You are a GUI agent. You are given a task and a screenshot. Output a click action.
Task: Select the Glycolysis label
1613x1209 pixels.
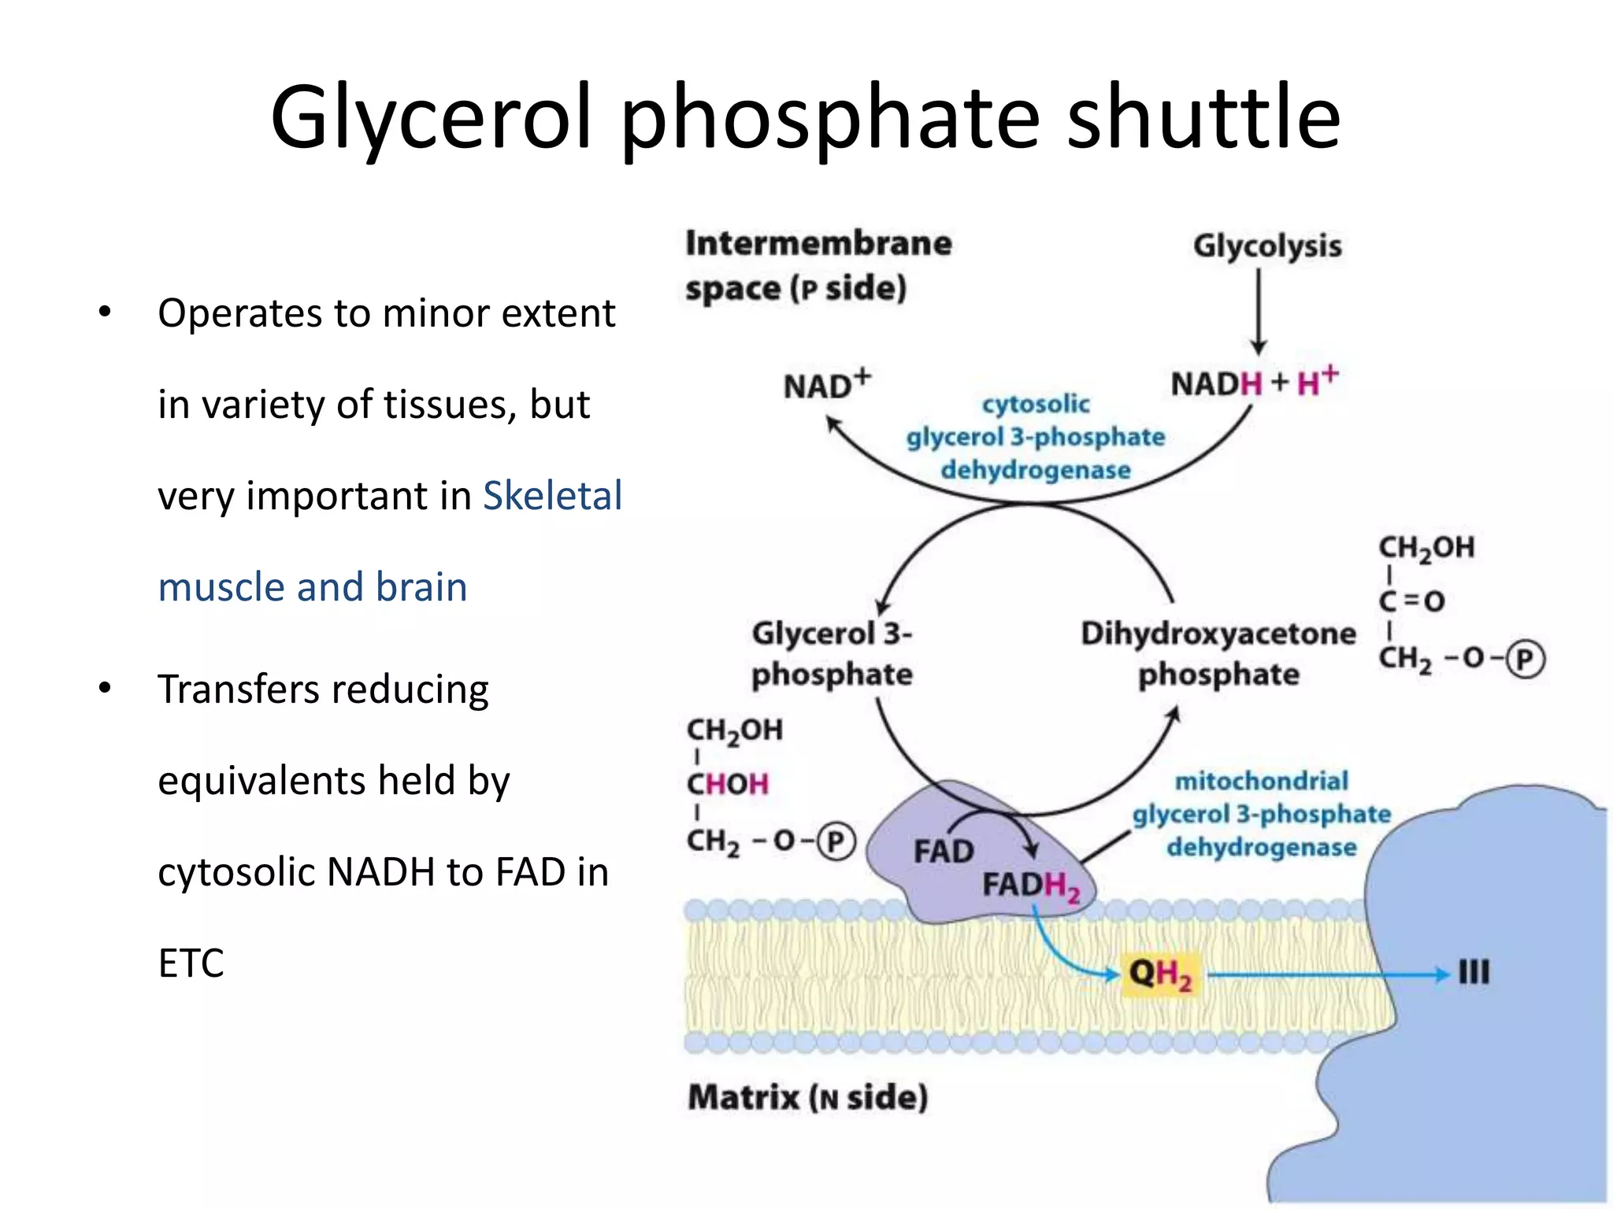1266,246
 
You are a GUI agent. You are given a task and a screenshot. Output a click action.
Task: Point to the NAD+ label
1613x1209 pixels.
826,385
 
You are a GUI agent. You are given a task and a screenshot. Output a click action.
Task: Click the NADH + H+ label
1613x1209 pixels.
1254,383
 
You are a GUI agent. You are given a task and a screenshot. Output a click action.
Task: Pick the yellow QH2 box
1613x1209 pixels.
1160,974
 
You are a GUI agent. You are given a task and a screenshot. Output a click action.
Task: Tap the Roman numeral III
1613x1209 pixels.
1473,973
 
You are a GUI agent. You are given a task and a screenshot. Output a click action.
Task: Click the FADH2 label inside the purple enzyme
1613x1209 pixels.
1030,886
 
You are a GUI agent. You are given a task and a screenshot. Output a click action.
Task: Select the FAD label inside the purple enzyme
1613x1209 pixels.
943,852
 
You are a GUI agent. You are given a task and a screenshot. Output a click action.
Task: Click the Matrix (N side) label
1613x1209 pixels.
807,1096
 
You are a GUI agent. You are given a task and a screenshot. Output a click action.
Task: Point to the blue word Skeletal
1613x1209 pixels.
552,496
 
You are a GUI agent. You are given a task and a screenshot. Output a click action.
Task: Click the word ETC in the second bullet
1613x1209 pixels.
191,963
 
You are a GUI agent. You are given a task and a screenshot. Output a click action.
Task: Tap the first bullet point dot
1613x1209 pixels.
105,312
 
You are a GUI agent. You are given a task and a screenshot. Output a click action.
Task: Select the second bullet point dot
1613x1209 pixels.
105,689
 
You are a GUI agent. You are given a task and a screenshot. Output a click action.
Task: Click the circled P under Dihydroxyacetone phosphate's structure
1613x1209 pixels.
1526,660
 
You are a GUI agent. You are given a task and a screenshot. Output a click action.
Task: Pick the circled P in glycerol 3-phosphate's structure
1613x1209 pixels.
836,841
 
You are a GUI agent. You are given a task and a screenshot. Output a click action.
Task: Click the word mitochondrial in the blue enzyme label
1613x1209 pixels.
1261,781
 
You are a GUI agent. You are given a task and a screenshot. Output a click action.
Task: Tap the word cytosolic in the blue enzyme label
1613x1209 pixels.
1036,404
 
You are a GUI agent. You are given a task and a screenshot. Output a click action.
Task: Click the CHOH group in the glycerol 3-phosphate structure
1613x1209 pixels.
727,784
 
